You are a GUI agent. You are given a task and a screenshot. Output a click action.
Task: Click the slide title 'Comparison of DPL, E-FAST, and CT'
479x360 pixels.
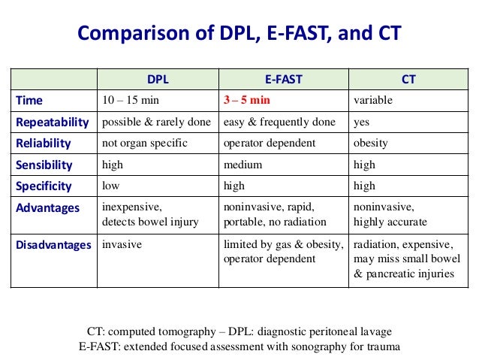239,34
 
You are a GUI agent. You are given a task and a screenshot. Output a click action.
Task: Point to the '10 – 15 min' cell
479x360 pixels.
130,100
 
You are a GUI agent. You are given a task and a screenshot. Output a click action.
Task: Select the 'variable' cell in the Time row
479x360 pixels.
372,100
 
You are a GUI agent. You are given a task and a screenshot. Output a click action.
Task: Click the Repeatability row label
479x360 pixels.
52,122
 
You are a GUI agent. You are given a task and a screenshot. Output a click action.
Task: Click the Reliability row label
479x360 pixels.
43,143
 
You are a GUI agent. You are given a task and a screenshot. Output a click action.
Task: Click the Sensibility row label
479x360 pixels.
44,165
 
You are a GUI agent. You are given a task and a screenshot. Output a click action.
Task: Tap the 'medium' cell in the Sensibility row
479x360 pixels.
241,165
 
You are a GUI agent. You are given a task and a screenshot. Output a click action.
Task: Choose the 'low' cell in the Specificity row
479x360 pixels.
110,186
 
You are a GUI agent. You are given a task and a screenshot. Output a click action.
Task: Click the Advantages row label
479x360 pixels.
47,208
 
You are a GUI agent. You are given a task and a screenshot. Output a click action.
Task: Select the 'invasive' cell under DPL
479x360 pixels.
121,245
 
